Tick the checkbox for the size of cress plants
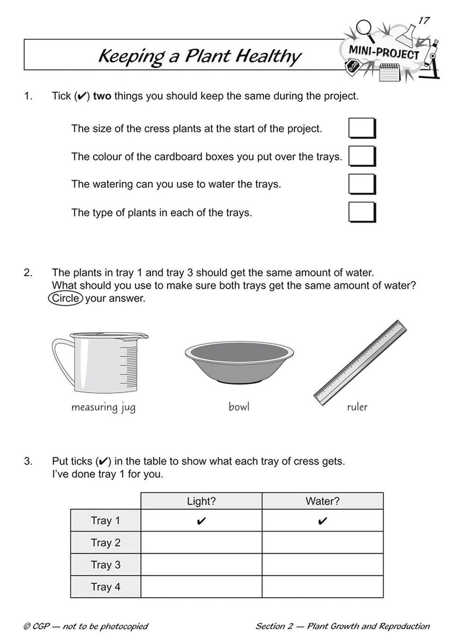[x=362, y=128]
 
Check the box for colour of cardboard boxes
[x=362, y=156]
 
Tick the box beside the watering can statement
[x=362, y=184]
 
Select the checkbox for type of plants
[x=362, y=212]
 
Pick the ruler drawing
[x=360, y=361]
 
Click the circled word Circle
[x=66, y=298]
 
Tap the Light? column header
[x=201, y=501]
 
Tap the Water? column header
[x=323, y=501]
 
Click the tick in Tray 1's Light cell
[x=201, y=521]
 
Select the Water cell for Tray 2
[x=323, y=543]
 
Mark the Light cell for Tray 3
[x=201, y=565]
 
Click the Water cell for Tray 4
[x=323, y=587]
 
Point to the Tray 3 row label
[x=106, y=565]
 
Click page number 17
[x=424, y=20]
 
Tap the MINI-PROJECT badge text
[x=384, y=52]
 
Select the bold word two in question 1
[x=102, y=96]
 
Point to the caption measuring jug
[x=103, y=407]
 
